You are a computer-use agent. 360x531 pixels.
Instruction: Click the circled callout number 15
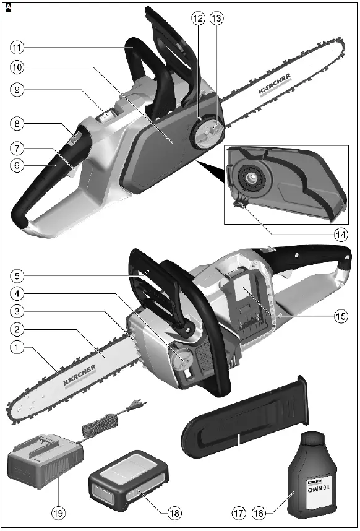(341, 316)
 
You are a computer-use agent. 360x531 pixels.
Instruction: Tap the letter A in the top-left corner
(7, 7)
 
